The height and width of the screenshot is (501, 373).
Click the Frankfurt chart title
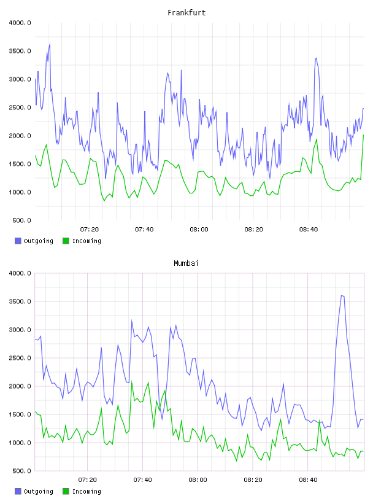pyautogui.click(x=186, y=13)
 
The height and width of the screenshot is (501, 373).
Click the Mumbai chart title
pyautogui.click(x=186, y=263)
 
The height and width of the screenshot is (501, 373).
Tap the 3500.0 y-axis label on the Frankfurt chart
pyautogui.click(x=20, y=51)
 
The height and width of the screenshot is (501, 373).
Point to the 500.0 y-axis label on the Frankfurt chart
pyautogui.click(x=21, y=220)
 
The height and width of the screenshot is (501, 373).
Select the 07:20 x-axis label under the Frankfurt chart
pyautogui.click(x=90, y=230)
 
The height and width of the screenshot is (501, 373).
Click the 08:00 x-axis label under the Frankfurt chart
pyautogui.click(x=199, y=230)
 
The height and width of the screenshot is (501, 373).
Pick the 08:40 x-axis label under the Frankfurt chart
pyautogui.click(x=309, y=230)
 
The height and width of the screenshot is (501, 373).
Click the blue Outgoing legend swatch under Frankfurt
pyautogui.click(x=18, y=241)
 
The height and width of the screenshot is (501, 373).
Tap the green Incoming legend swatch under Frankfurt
pyautogui.click(x=66, y=241)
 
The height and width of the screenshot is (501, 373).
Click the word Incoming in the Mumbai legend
pyautogui.click(x=87, y=491)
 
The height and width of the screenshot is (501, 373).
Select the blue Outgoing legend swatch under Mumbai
pyautogui.click(x=18, y=491)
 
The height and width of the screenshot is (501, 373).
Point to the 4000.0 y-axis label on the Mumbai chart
pyautogui.click(x=20, y=273)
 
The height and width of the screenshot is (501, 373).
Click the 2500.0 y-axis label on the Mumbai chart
pyautogui.click(x=20, y=358)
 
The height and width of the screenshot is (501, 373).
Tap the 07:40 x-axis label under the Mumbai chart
pyautogui.click(x=143, y=480)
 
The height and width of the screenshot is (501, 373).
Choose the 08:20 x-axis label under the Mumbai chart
pyautogui.click(x=253, y=480)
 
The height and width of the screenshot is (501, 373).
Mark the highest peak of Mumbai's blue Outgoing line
pyautogui.click(x=342, y=295)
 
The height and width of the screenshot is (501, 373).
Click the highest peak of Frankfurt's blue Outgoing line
pyautogui.click(x=50, y=44)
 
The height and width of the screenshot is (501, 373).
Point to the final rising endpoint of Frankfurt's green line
pyautogui.click(x=363, y=135)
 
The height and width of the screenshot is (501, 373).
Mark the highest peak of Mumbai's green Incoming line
pyautogui.click(x=131, y=381)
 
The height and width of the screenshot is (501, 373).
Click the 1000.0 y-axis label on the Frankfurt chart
pyautogui.click(x=20, y=192)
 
